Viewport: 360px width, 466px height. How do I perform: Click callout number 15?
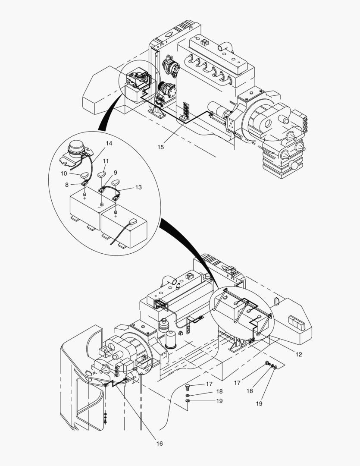pyautogui.click(x=160, y=147)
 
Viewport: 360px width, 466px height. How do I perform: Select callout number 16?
pyautogui.click(x=160, y=443)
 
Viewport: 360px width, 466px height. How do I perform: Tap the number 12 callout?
pyautogui.click(x=299, y=354)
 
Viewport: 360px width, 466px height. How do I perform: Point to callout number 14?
pyautogui.click(x=109, y=143)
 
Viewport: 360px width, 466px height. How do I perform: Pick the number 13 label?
pyautogui.click(x=138, y=187)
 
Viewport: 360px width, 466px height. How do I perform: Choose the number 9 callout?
pyautogui.click(x=115, y=172)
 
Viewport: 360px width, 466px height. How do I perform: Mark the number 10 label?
pyautogui.click(x=64, y=173)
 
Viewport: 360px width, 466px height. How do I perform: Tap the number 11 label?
pyautogui.click(x=105, y=161)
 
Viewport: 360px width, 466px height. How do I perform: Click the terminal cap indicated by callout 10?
pyautogui.click(x=85, y=175)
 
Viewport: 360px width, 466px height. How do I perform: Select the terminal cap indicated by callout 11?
pyautogui.click(x=102, y=174)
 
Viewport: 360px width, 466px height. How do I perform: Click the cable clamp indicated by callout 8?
pyautogui.click(x=85, y=185)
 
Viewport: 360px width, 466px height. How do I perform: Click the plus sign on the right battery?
pyautogui.click(x=116, y=216)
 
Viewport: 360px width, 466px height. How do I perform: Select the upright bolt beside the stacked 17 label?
pyautogui.click(x=188, y=385)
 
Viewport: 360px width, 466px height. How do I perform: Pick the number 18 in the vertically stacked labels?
pyautogui.click(x=219, y=392)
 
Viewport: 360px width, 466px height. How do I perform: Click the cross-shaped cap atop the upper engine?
pyautogui.click(x=204, y=44)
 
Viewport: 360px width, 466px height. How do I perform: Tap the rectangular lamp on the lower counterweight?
pyautogui.click(x=297, y=323)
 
